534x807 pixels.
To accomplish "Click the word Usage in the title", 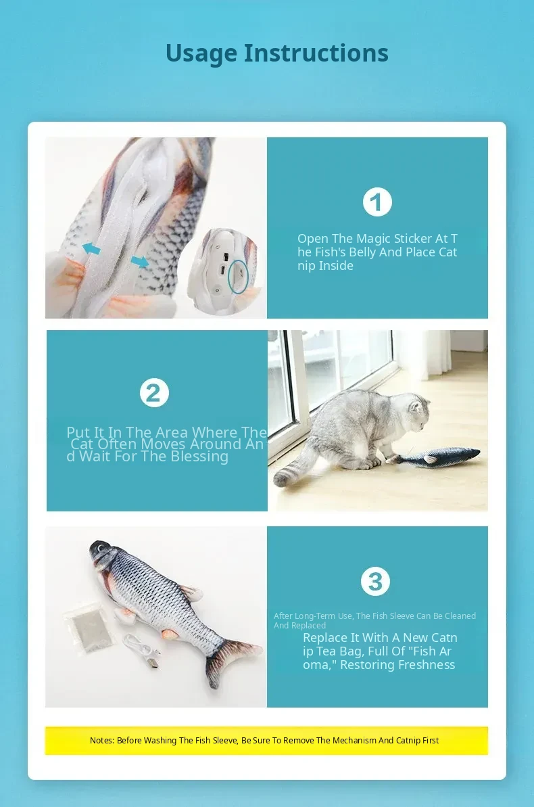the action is tap(201, 53).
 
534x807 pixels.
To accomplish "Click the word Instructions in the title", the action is tap(316, 53).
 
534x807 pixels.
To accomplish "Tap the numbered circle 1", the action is tap(377, 202).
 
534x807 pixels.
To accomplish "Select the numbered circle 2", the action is tap(154, 393).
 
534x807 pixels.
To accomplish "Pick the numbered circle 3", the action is tap(376, 582).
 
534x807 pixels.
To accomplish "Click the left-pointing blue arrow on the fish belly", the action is tap(91, 249).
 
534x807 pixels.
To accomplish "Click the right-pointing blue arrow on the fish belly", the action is tap(139, 262).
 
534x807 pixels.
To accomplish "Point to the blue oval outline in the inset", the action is tap(238, 277).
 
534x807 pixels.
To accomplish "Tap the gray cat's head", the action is tap(418, 412).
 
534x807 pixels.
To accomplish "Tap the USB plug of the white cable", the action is tap(154, 664).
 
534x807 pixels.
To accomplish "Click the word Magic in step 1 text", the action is tap(377, 239).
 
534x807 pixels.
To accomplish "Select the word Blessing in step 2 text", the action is tap(199, 457).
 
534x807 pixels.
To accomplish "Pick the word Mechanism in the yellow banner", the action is tap(354, 741).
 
